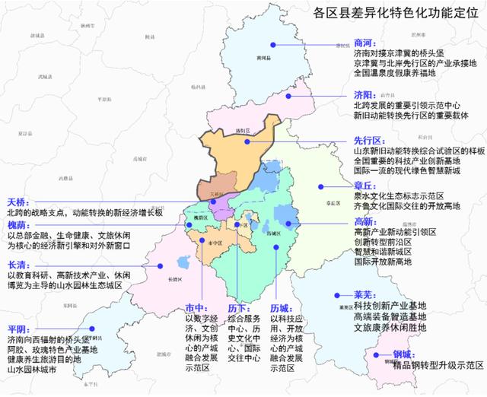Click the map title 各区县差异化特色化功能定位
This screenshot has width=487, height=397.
394,13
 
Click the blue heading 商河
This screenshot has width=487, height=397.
364,43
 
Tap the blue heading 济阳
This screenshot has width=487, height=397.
364,95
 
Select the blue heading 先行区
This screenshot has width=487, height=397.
367,140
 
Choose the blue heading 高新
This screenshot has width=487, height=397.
364,221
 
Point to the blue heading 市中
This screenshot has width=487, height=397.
196,308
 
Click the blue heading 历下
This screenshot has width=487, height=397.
237,308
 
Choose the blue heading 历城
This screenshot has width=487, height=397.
281,308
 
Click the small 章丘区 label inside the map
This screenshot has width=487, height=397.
331,203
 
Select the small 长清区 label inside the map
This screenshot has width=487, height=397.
176,279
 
